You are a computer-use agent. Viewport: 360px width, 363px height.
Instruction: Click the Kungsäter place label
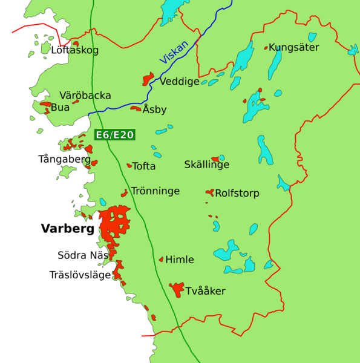[x=293, y=47]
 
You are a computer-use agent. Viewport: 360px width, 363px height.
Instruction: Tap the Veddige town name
[x=180, y=82]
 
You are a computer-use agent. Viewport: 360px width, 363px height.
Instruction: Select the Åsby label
[x=154, y=110]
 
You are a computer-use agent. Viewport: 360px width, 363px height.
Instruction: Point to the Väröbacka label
[x=85, y=96]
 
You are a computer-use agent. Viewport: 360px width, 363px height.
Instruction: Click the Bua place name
[x=61, y=108]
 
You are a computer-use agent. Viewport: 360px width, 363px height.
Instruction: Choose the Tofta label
[x=144, y=166]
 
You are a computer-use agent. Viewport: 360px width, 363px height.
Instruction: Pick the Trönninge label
[x=155, y=191]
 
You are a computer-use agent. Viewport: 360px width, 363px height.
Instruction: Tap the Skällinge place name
[x=207, y=165]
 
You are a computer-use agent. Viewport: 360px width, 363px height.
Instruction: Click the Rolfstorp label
[x=237, y=194]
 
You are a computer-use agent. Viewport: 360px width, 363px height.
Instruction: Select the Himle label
[x=180, y=260]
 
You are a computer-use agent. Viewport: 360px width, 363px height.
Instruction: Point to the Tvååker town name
[x=205, y=291]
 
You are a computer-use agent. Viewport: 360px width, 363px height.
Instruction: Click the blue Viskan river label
[x=174, y=53]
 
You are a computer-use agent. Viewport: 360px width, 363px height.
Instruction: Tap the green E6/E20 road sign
[x=114, y=136]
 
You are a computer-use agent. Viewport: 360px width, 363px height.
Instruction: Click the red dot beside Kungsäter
[x=266, y=48]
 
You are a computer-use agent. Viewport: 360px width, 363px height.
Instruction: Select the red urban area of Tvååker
[x=177, y=289]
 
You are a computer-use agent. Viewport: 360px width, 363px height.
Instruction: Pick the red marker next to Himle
[x=161, y=260]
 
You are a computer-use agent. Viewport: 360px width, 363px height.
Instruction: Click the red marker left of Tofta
[x=129, y=165]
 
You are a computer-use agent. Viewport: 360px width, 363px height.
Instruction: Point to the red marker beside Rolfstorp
[x=210, y=192]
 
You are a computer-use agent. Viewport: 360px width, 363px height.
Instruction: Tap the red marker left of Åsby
[x=136, y=109]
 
